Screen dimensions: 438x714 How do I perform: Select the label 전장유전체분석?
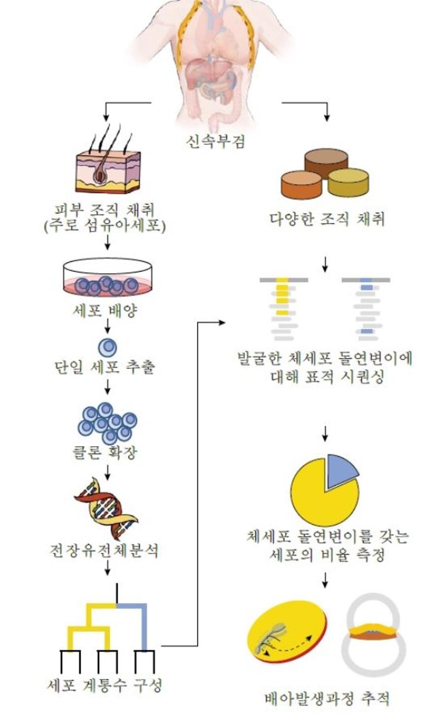pos(104,550)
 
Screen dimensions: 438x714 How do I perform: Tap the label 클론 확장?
pos(105,452)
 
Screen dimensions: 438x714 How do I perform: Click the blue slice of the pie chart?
pos(341,469)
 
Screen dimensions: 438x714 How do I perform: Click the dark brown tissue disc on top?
pos(326,163)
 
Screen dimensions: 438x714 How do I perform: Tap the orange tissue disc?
pos(302,185)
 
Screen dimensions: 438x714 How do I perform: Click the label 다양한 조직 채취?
pos(327,219)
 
